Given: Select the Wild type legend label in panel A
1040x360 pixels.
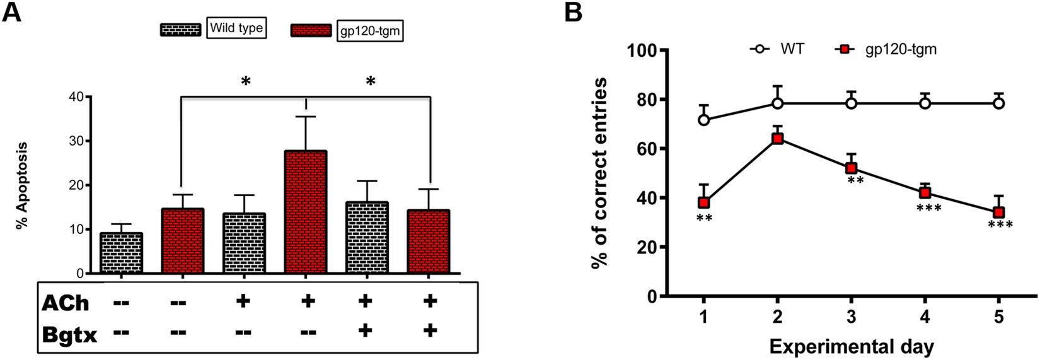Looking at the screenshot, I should click(236, 28).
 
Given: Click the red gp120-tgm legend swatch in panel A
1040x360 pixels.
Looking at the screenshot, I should click(311, 31).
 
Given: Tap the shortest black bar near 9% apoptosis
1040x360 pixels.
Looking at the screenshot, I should click(121, 253).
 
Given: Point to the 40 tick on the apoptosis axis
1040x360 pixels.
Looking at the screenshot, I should click(76, 96).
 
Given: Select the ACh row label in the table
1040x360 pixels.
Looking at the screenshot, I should click(66, 303).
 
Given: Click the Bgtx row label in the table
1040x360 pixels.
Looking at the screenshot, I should click(70, 334).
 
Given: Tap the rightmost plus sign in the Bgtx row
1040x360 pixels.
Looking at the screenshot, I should click(430, 330).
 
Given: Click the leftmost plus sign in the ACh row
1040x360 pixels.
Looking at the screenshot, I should click(242, 301).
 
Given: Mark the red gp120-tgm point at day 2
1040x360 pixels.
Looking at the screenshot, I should click(778, 138).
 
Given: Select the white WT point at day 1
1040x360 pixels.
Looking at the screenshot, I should click(704, 120).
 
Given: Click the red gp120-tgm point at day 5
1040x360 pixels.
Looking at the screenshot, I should click(998, 212).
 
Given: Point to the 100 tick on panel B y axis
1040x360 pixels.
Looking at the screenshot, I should click(643, 50).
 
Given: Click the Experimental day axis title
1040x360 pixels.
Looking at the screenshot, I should click(851, 346).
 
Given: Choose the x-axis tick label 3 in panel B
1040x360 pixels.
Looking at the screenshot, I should click(851, 318).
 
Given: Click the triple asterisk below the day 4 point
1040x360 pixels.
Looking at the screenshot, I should click(928, 208).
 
